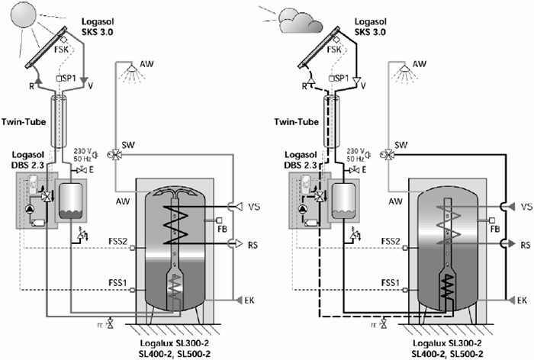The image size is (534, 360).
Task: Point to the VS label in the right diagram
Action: (526, 207)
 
